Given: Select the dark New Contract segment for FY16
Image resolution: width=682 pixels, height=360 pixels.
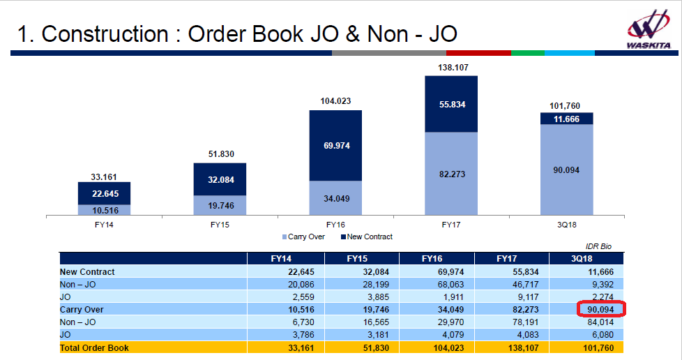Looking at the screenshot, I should (335, 145).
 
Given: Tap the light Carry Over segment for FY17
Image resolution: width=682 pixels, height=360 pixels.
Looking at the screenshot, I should (451, 174).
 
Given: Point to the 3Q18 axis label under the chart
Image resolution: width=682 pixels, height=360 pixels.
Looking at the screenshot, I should (567, 225).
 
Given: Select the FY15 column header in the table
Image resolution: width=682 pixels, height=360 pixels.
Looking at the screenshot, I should (361, 259).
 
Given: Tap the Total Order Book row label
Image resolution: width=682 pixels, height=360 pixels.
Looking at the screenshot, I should (94, 347).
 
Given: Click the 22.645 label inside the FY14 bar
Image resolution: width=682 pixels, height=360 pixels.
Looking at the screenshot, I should (104, 193).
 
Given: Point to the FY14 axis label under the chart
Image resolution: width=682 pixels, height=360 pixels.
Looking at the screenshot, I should (104, 225).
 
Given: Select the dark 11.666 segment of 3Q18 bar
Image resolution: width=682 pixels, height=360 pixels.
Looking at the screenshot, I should (567, 119).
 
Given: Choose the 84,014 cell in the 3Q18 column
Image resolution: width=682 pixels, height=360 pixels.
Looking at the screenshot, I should (603, 322).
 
